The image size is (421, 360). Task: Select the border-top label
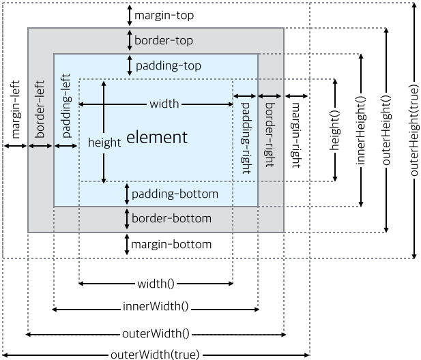[164, 40]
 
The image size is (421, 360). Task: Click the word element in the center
[157, 137]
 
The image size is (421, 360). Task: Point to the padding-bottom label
[175, 194]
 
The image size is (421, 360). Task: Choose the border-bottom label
[171, 219]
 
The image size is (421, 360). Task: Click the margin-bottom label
[171, 244]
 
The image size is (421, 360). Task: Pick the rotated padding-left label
[66, 110]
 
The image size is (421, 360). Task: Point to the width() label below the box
[156, 284]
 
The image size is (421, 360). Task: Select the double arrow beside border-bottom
[127, 219]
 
